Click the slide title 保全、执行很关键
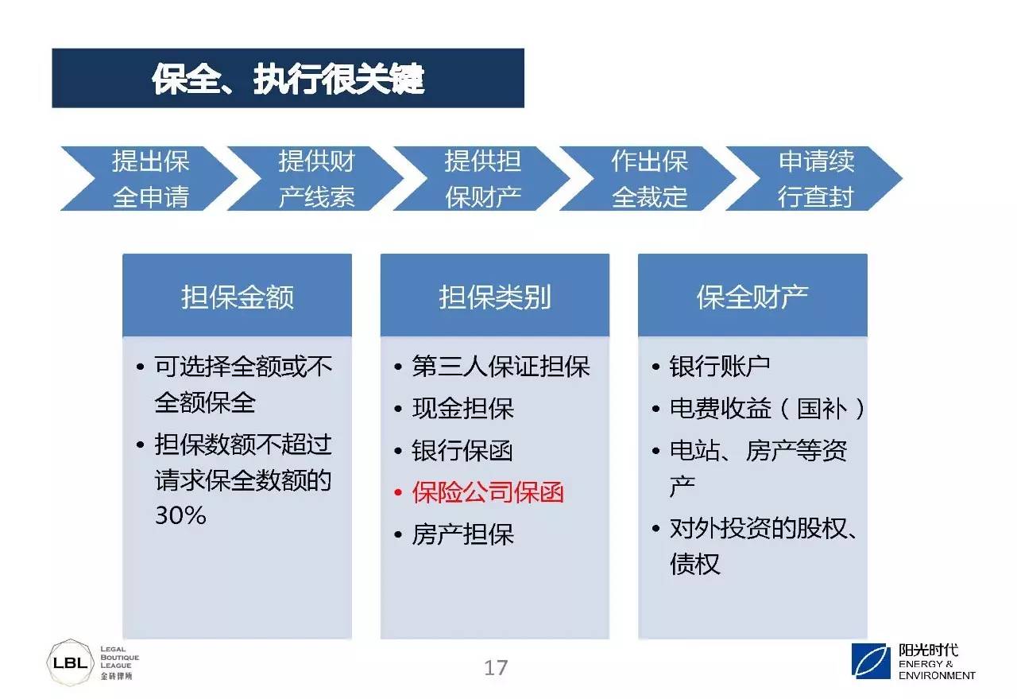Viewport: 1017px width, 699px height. (288, 79)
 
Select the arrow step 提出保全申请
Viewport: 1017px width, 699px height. (150, 179)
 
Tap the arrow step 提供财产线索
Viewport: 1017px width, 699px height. (316, 179)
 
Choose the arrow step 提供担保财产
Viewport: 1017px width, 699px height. (482, 179)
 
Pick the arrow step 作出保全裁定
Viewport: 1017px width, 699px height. (649, 179)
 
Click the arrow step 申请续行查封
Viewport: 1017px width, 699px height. (816, 179)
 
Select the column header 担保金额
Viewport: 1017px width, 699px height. (237, 297)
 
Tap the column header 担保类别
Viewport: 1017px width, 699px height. (495, 297)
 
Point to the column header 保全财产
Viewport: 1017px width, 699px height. (752, 297)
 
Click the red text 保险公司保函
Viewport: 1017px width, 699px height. (488, 492)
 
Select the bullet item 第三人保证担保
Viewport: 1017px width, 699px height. (501, 367)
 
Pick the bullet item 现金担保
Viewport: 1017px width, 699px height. (462, 408)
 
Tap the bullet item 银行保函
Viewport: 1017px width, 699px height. (462, 450)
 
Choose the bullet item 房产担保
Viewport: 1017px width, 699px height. (462, 534)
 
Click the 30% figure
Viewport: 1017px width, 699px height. (180, 515)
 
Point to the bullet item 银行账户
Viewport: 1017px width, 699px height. (720, 367)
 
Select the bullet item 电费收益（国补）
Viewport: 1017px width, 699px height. (768, 408)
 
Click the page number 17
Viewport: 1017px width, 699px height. (496, 668)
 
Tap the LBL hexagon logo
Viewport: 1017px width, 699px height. (71, 662)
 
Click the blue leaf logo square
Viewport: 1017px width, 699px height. (871, 661)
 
